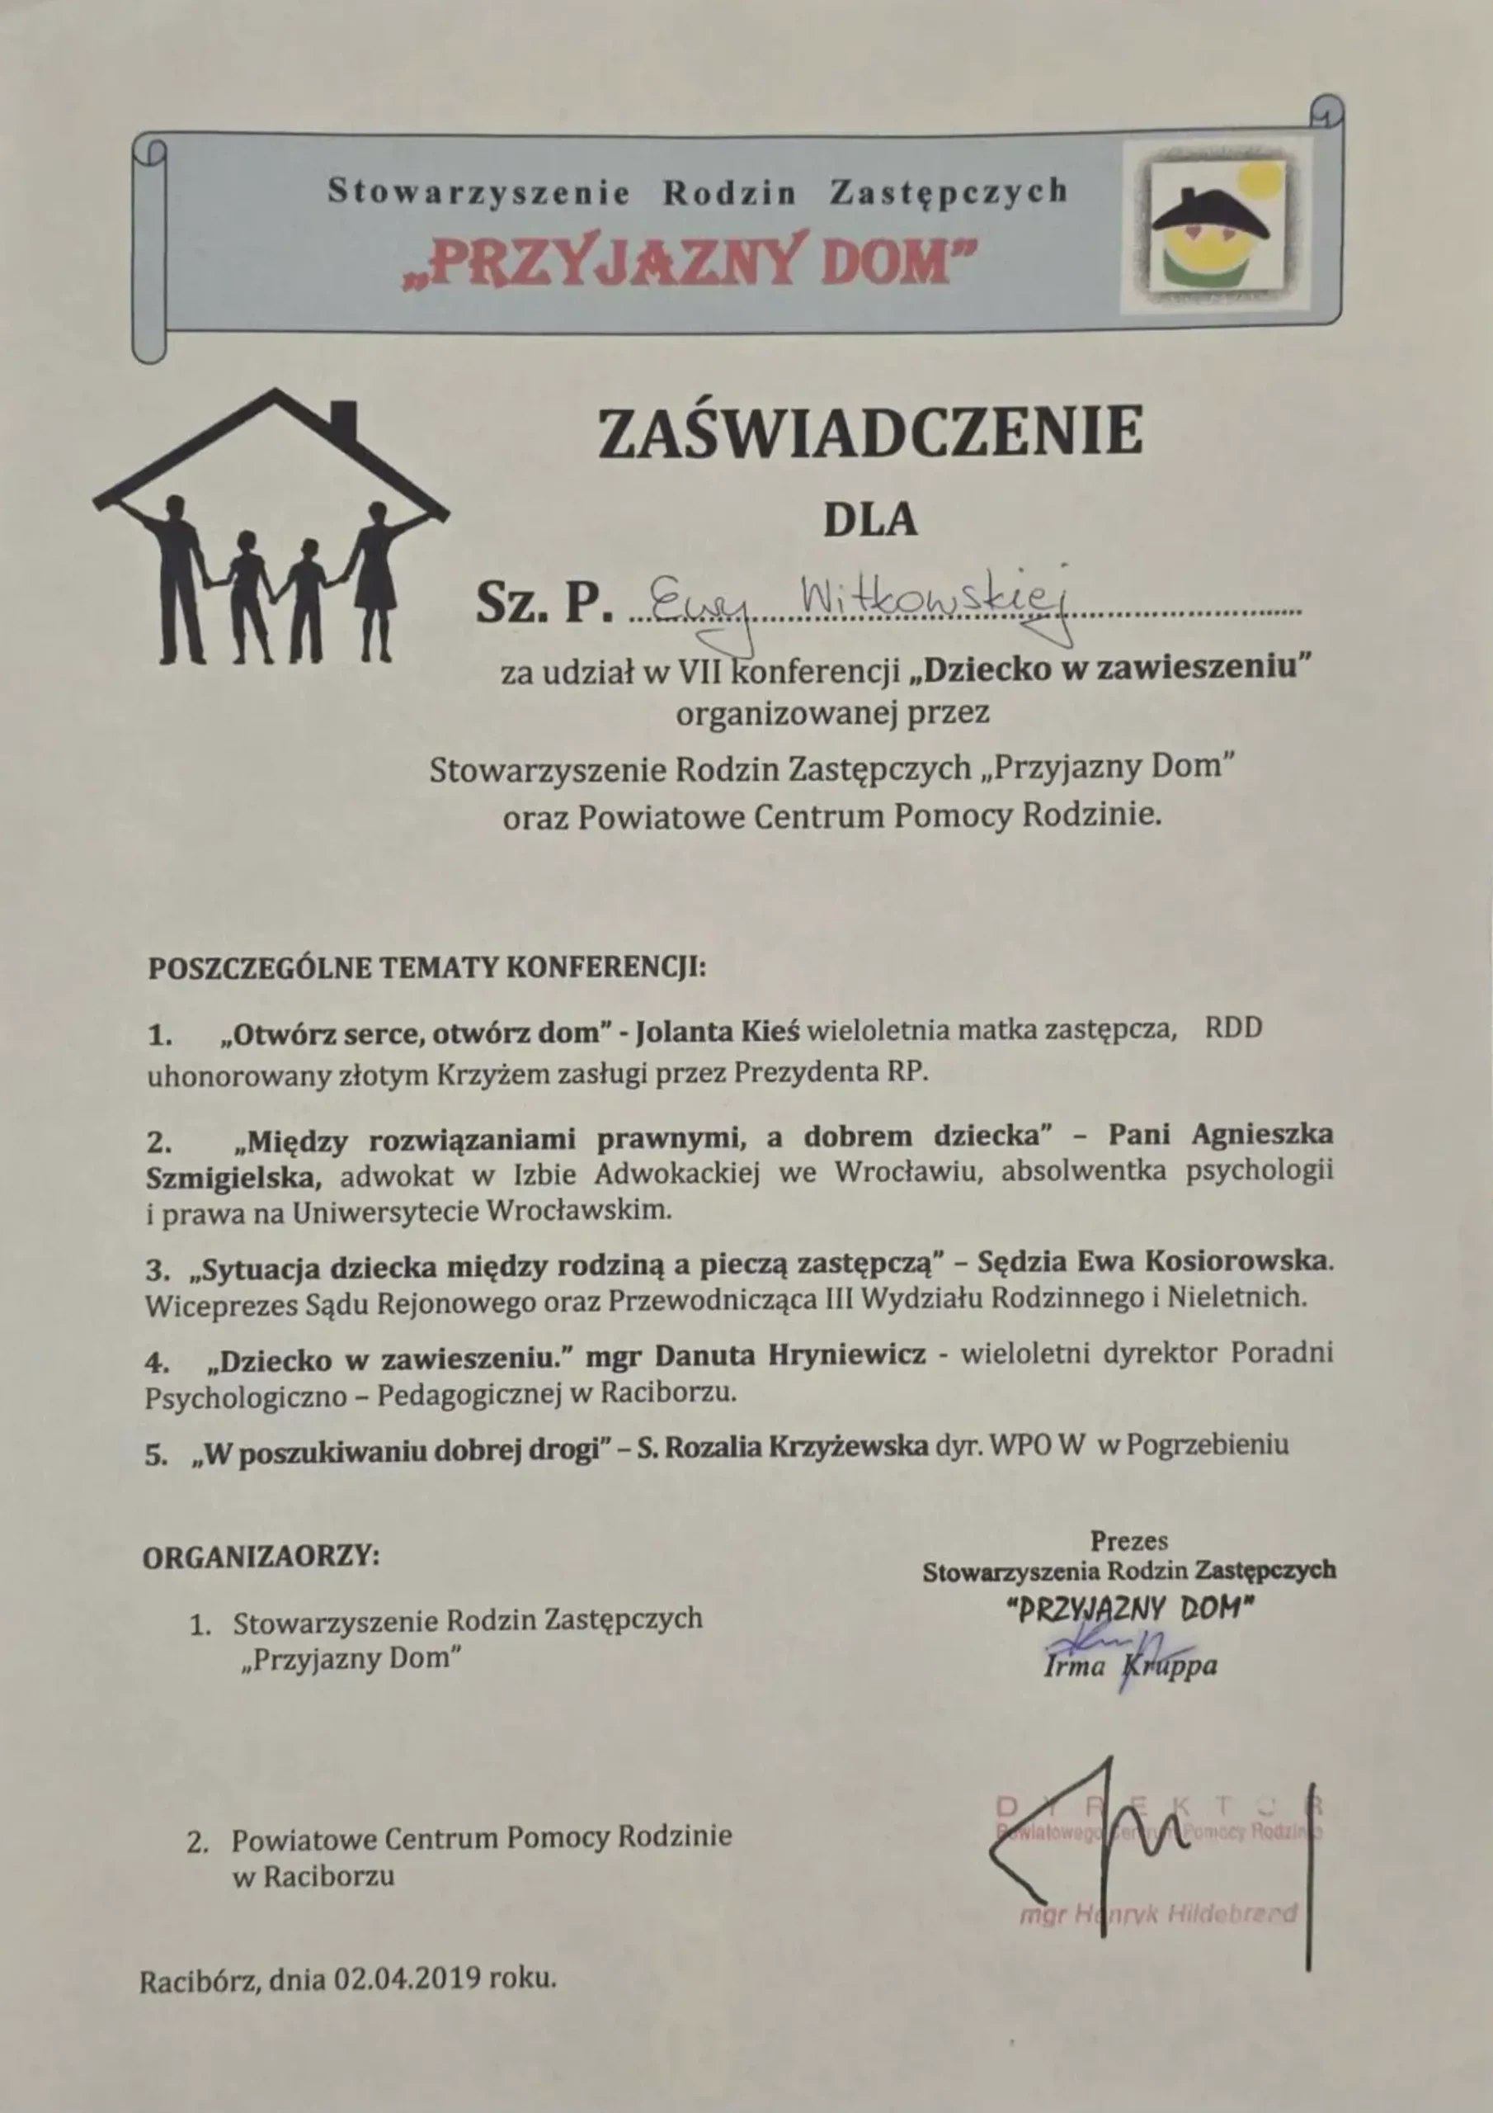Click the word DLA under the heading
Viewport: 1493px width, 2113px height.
[869, 521]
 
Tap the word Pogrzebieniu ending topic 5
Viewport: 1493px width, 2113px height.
[1207, 1444]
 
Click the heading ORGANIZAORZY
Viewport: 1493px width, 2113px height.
[261, 1558]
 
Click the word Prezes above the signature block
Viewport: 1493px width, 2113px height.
[1128, 1540]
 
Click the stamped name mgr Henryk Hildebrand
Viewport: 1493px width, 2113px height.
[1157, 1914]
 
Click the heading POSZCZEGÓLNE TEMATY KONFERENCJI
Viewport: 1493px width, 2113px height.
[426, 968]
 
